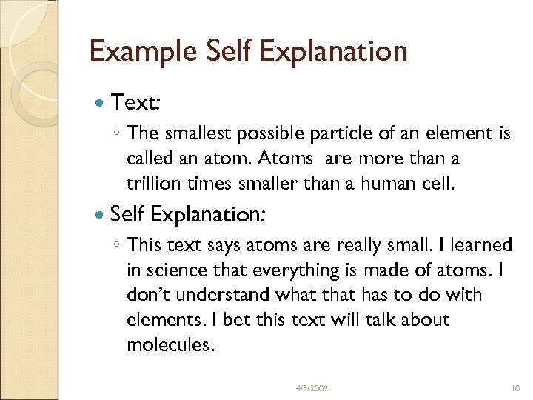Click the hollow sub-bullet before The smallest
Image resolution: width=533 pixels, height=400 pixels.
pos(118,134)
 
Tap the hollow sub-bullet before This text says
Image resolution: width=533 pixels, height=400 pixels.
pos(118,246)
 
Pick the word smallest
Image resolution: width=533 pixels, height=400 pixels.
pos(194,133)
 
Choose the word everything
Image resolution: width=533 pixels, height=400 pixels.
pos(289,270)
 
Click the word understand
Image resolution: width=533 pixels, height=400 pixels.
pos(224,295)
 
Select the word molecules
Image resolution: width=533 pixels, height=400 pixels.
pos(170,345)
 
